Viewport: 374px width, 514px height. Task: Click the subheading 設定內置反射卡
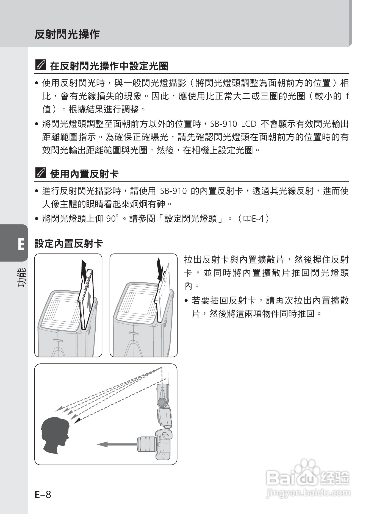69,244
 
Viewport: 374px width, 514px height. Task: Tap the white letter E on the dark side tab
21,245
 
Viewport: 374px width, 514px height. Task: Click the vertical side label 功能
22,277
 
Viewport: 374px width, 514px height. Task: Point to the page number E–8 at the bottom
43,494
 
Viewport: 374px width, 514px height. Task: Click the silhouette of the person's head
55,436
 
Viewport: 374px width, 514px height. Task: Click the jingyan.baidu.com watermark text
308,493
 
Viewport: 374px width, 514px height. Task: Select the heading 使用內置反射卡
84,174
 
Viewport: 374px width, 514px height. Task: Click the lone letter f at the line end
347,96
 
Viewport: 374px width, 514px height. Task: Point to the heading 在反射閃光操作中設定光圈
109,66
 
